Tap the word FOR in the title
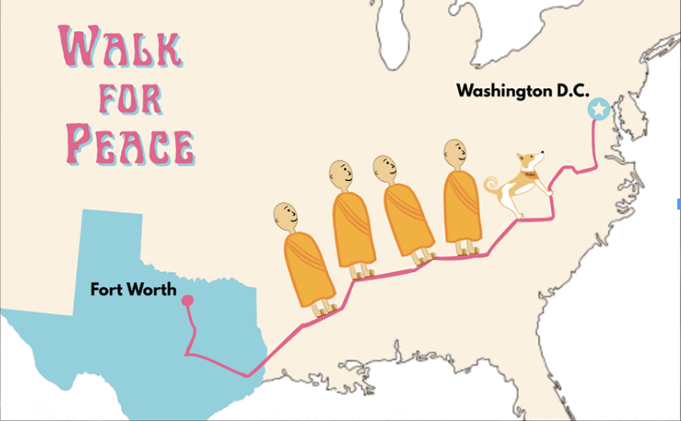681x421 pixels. tap(122, 97)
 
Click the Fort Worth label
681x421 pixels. tap(133, 290)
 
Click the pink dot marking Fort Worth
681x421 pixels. tap(187, 300)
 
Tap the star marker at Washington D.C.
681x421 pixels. tap(599, 109)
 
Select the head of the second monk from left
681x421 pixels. tap(341, 173)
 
